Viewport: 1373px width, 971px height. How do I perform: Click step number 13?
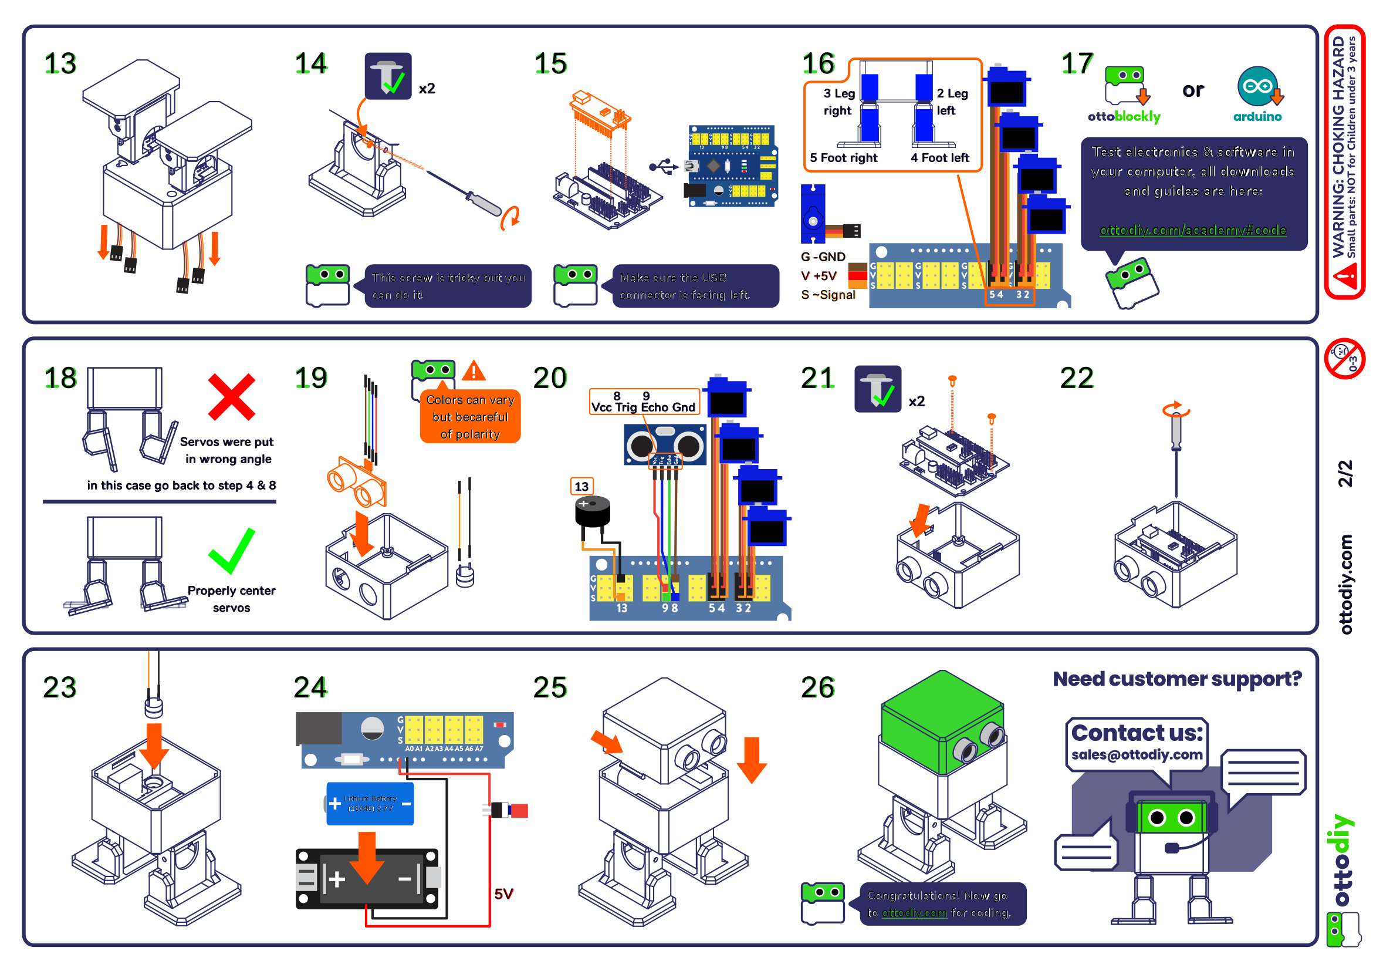point(60,63)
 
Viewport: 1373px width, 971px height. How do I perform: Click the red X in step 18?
point(231,397)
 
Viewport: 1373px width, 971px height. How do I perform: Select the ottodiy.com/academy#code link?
point(1192,230)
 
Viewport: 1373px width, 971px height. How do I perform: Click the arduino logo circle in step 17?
point(1257,86)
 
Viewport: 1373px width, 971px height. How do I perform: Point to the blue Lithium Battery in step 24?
point(370,804)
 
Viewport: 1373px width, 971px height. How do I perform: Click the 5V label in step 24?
point(503,894)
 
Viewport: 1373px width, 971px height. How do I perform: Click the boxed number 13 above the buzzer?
point(581,487)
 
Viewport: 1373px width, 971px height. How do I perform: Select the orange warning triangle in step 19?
point(474,372)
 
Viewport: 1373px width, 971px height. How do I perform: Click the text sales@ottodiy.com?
point(1136,755)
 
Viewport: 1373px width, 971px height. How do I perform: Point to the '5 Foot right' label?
point(843,158)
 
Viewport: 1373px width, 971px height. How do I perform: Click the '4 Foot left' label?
point(939,158)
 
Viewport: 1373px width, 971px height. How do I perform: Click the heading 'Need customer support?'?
point(1177,679)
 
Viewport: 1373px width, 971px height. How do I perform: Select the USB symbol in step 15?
point(663,167)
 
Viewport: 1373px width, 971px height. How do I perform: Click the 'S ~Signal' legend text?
point(828,295)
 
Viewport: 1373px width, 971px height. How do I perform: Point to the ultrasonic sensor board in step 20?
point(665,445)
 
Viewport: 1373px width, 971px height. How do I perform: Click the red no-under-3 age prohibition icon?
point(1344,359)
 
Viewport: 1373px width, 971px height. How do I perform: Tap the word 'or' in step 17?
point(1192,90)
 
